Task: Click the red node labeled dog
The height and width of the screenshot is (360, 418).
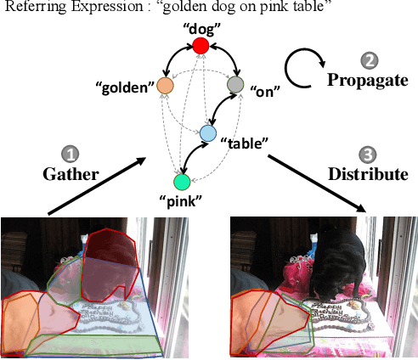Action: (201, 47)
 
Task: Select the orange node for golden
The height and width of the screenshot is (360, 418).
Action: (166, 85)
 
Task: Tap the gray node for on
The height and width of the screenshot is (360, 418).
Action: (236, 84)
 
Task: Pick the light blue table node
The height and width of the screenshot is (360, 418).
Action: (209, 133)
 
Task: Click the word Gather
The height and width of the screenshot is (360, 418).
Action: (72, 174)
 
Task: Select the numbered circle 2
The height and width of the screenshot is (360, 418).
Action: (369, 61)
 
